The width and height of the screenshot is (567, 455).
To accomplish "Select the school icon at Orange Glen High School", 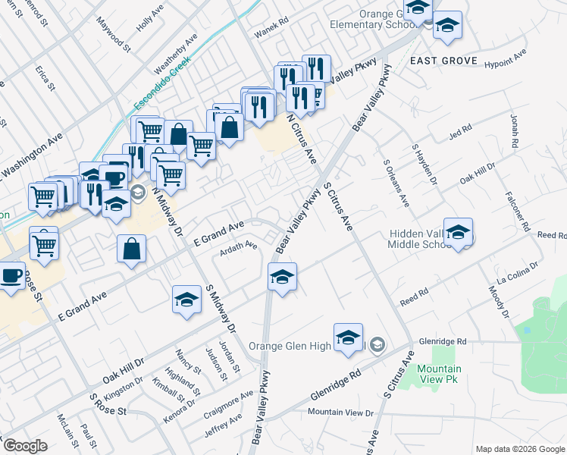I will pos(348,337).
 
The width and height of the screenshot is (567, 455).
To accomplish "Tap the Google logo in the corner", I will pos(24,446).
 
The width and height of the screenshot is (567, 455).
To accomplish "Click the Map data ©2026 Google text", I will pos(520,449).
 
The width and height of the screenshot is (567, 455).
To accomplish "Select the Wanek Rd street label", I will pos(273,24).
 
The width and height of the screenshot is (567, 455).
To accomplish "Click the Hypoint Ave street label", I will pos(504,58).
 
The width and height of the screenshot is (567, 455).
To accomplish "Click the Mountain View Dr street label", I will pos(340,413).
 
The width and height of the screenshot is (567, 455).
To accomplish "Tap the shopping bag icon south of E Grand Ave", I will pos(132,249).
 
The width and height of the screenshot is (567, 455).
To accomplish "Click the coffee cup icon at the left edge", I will pos(11,276).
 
